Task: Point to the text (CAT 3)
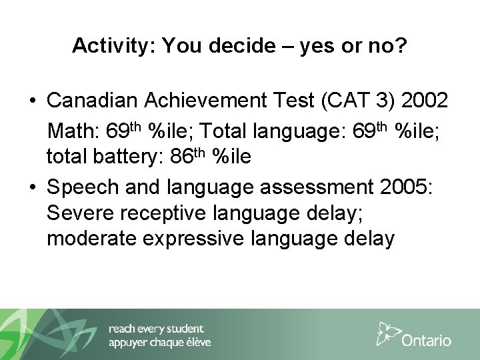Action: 352,102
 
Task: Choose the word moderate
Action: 85,239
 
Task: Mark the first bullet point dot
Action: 32,102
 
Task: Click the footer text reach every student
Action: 156,329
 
